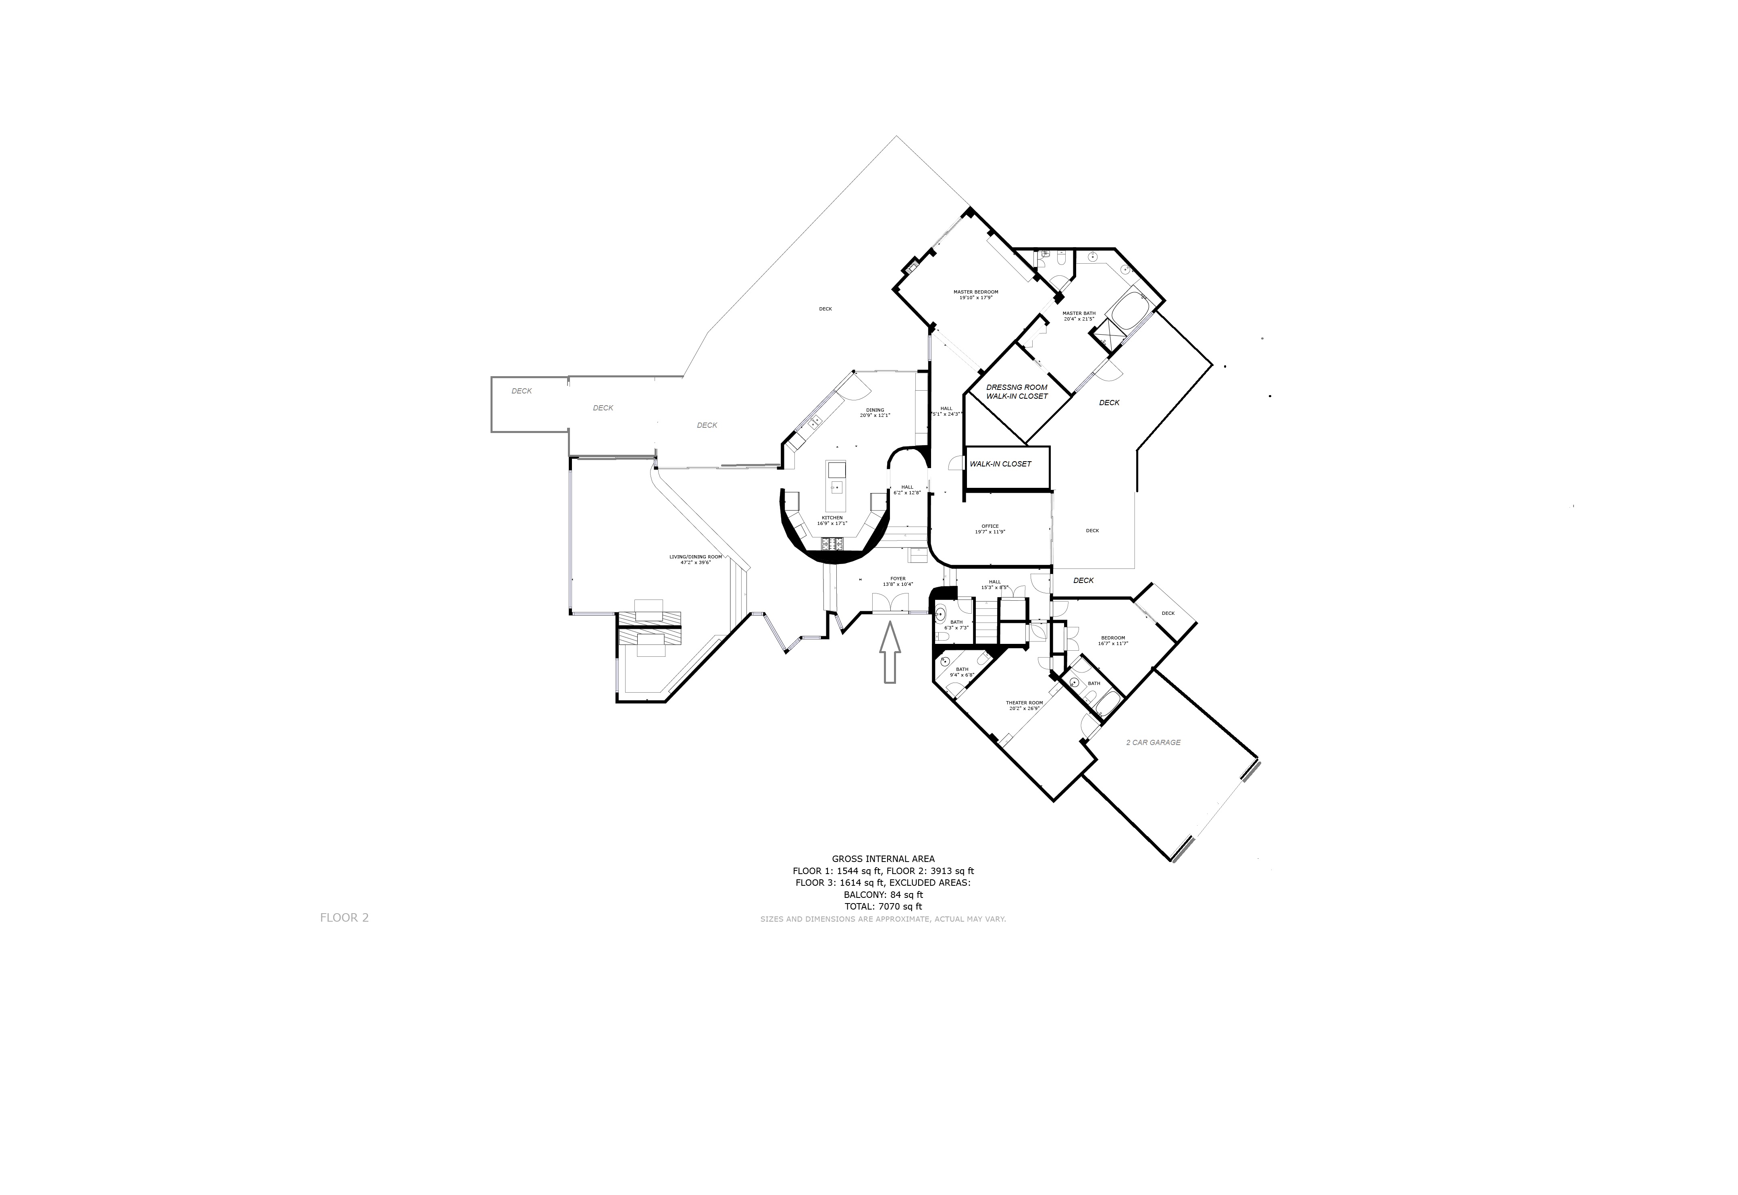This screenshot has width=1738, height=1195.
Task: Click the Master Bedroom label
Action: point(975,294)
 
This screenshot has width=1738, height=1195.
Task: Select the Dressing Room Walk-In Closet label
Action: point(1017,391)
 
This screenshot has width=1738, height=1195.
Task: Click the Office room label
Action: point(990,529)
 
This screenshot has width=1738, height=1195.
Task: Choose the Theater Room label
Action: point(1024,705)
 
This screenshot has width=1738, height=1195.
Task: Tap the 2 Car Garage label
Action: point(1153,743)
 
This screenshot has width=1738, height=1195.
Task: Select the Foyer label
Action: point(898,581)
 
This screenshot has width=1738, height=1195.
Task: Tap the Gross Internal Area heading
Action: point(883,859)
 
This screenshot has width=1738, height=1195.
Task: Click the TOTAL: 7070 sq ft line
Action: point(883,906)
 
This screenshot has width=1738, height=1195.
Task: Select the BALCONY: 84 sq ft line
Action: point(883,894)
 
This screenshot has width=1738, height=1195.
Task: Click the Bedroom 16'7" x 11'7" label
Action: point(1113,640)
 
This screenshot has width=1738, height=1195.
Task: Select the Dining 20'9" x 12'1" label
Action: point(875,412)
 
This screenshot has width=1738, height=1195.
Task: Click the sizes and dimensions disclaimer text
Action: point(883,919)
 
